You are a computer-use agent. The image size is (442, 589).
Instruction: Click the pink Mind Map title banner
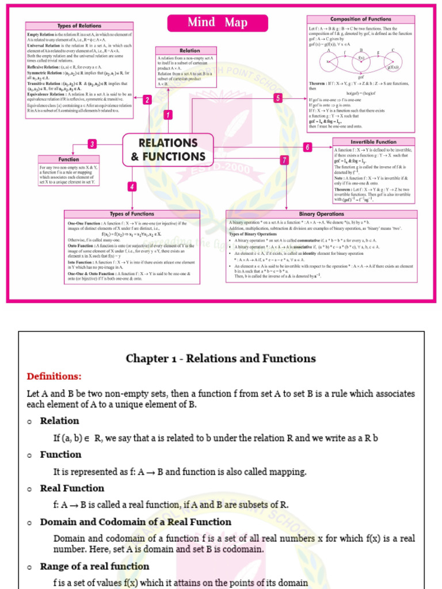pyautogui.click(x=218, y=22)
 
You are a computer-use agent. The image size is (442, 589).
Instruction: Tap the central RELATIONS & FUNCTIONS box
pyautogui.click(x=168, y=150)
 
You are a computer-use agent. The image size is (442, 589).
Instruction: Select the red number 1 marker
pyautogui.click(x=168, y=114)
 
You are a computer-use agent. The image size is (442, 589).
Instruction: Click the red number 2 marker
pyautogui.click(x=147, y=100)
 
